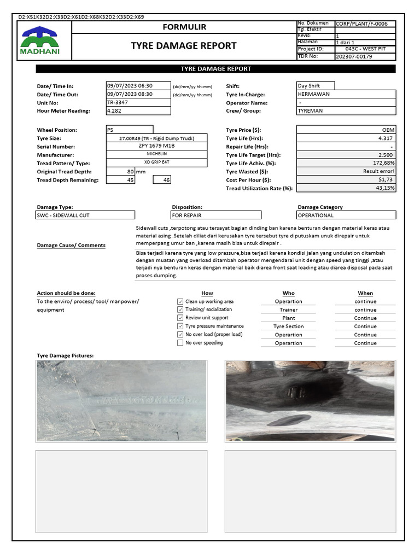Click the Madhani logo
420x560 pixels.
coord(40,42)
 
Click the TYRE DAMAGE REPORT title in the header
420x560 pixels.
coord(184,46)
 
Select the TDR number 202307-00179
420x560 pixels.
coord(353,56)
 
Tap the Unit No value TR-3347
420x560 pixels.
coord(118,102)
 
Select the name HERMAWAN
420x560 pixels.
coord(314,94)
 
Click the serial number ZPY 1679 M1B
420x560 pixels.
coord(157,147)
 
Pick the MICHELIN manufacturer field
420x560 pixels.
coord(157,155)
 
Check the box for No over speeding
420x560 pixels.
coord(180,343)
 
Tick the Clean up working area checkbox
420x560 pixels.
coord(180,301)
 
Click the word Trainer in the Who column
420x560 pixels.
coord(288,310)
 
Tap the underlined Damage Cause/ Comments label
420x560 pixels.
coord(71,246)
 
